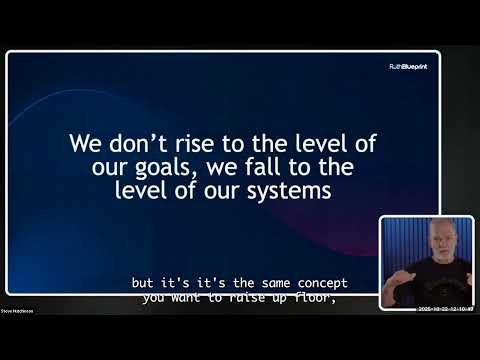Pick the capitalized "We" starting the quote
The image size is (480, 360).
(x=83, y=142)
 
